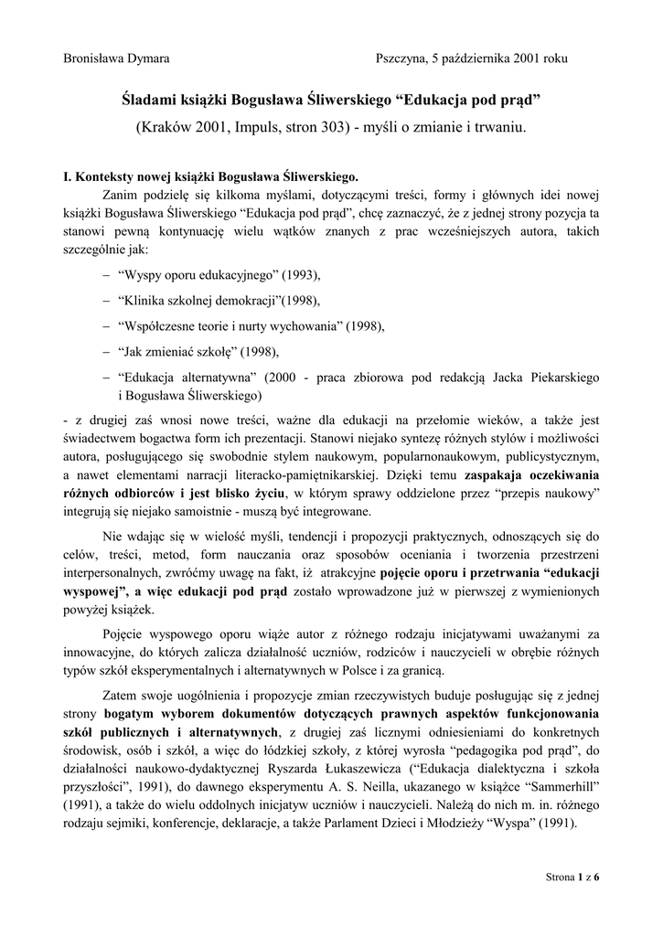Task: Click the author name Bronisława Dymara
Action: pos(115,58)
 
